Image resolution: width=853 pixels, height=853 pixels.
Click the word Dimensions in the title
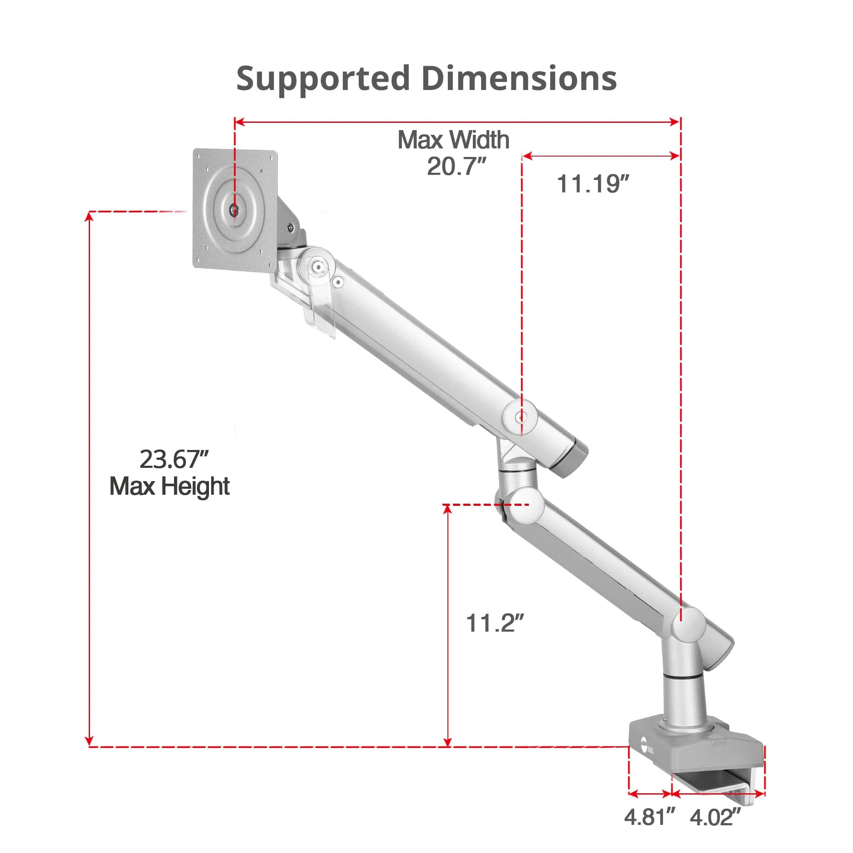click(x=519, y=78)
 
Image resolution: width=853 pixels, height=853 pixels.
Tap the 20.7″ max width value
click(x=456, y=166)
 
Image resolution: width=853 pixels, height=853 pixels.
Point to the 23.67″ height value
click(x=174, y=459)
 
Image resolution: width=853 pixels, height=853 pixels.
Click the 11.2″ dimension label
click(x=494, y=623)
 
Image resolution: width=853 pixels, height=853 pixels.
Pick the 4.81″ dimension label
click(x=650, y=817)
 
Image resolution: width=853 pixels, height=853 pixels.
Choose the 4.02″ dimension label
click(x=715, y=817)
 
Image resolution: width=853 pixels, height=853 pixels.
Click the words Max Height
click(x=170, y=487)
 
